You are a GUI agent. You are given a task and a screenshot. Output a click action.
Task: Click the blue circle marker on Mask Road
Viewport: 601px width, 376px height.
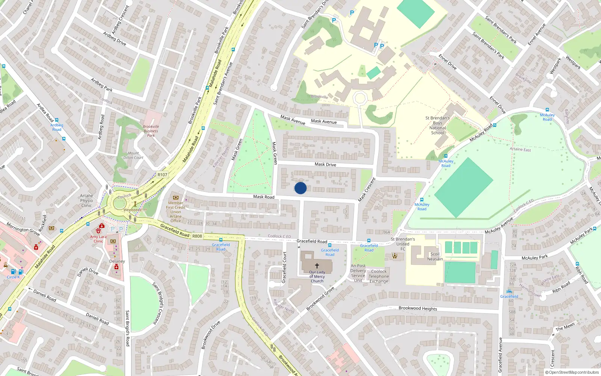pos(300,188)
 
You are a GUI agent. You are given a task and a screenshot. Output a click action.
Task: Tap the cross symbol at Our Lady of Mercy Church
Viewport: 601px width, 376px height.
pos(317,265)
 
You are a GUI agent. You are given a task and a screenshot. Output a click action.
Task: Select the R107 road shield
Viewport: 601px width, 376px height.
pos(162,175)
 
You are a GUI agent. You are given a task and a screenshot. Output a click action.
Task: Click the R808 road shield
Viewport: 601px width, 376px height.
pos(197,236)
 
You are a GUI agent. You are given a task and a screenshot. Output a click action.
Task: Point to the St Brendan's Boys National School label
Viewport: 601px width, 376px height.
pos(438,125)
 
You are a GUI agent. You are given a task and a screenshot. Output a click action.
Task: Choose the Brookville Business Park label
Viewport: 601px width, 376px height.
pos(151,131)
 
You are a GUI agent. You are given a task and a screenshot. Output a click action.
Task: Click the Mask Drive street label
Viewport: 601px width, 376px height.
pos(325,164)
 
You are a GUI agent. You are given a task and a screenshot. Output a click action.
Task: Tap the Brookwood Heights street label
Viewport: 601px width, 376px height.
pos(418,308)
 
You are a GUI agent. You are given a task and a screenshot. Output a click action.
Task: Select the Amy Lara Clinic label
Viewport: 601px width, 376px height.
pos(98,239)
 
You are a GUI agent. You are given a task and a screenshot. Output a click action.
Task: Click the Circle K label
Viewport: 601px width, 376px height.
pos(13,277)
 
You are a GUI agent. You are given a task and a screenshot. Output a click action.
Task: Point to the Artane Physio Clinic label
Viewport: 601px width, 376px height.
pos(86,200)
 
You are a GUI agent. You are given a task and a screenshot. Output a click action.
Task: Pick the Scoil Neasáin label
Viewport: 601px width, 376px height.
pos(435,256)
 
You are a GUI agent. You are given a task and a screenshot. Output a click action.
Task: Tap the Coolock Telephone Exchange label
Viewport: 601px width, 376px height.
pos(379,276)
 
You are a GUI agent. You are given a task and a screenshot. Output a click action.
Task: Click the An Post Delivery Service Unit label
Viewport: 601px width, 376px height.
pos(358,273)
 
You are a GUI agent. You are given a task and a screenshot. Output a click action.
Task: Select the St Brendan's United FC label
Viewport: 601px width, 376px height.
pos(403,244)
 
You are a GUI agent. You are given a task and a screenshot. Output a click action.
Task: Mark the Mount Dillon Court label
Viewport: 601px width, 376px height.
pos(133,155)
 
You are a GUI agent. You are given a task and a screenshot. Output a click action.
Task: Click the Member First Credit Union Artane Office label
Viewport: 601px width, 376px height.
pos(175,212)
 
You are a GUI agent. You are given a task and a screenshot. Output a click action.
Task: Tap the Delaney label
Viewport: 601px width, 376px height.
pos(117,261)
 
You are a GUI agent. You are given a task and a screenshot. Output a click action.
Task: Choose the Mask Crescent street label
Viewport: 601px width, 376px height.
pos(367,190)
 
